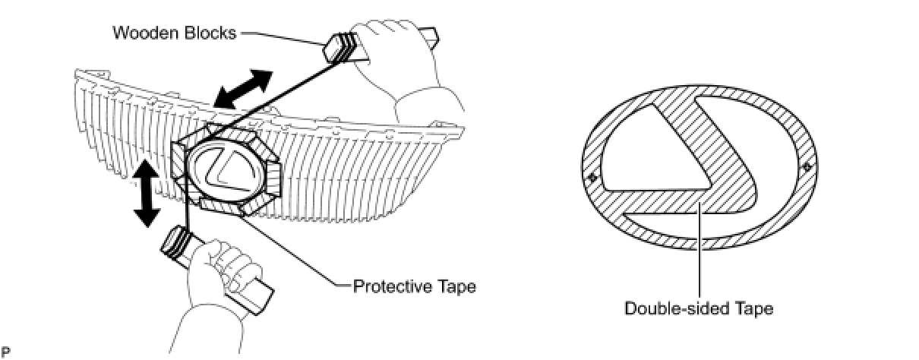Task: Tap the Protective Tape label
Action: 415,286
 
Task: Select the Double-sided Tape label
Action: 699,308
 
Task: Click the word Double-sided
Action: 668,308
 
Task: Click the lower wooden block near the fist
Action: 176,245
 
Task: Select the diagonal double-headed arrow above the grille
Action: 242,89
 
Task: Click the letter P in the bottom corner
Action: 6,352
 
